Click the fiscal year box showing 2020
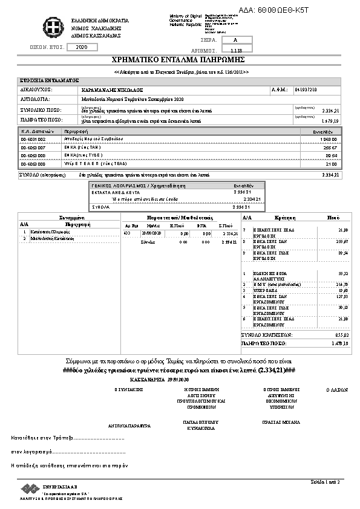(83, 47)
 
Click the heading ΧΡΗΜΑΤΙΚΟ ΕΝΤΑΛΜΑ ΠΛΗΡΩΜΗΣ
(177, 60)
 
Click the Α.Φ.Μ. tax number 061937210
(305, 89)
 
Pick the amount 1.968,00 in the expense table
(328, 138)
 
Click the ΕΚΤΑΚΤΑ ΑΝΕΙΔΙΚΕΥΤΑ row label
(113, 191)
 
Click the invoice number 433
(127, 233)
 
